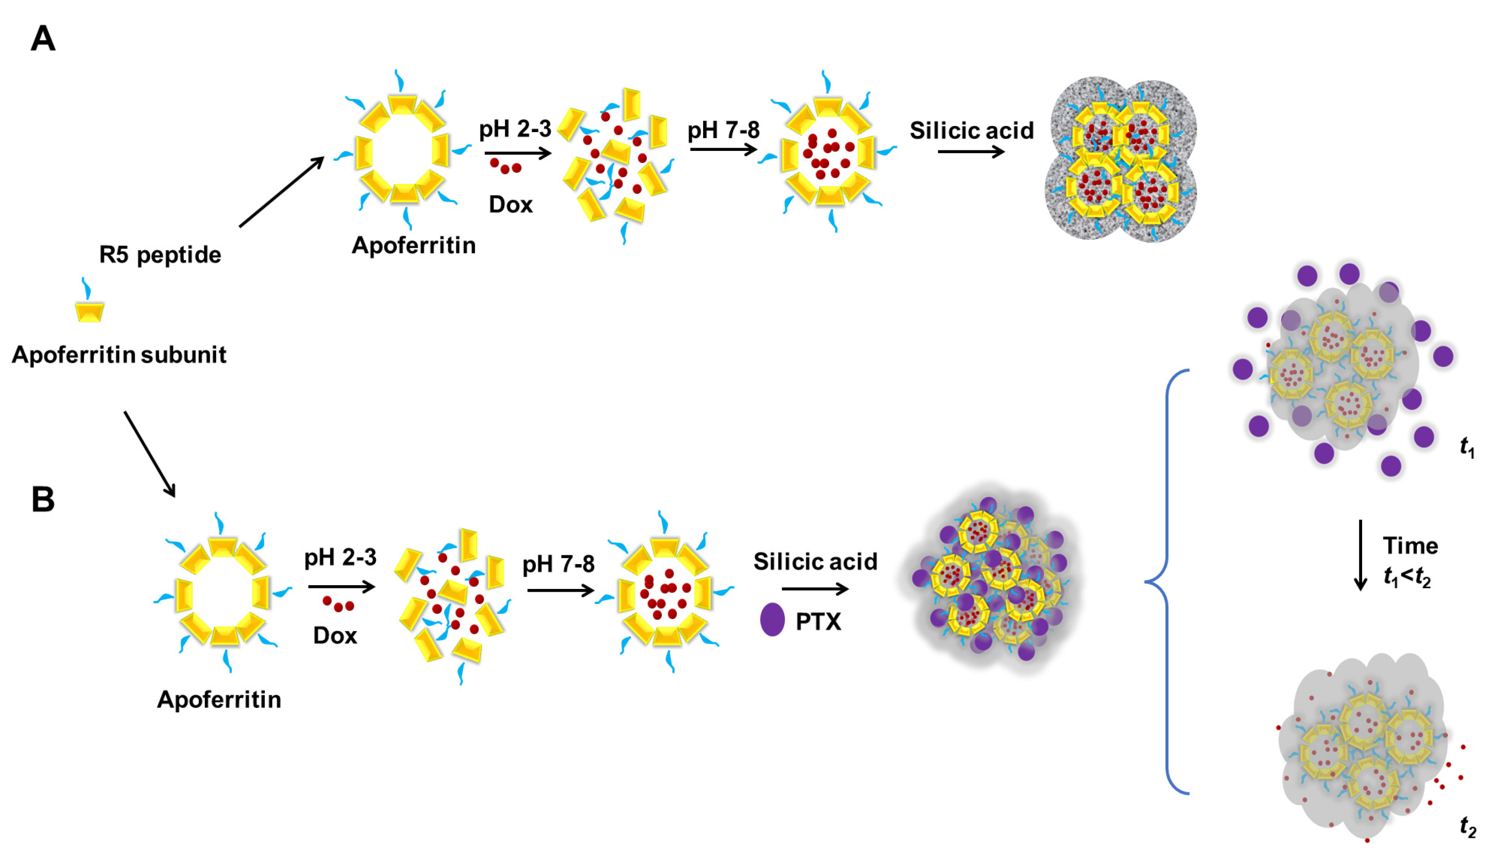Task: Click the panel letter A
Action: [43, 39]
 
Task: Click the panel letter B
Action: [43, 499]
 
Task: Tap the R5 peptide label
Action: [160, 254]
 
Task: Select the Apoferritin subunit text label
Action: [119, 355]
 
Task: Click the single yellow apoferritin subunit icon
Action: [90, 311]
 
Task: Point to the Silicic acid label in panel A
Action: [971, 131]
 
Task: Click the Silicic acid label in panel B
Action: [815, 561]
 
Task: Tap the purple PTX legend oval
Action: [772, 619]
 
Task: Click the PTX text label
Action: [818, 621]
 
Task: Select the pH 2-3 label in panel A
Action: [515, 128]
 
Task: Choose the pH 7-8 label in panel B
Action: [558, 564]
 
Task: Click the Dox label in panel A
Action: [510, 205]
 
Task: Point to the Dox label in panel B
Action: [335, 635]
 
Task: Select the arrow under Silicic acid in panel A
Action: [971, 152]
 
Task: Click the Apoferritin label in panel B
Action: [218, 700]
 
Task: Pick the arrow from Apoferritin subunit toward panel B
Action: [150, 454]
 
